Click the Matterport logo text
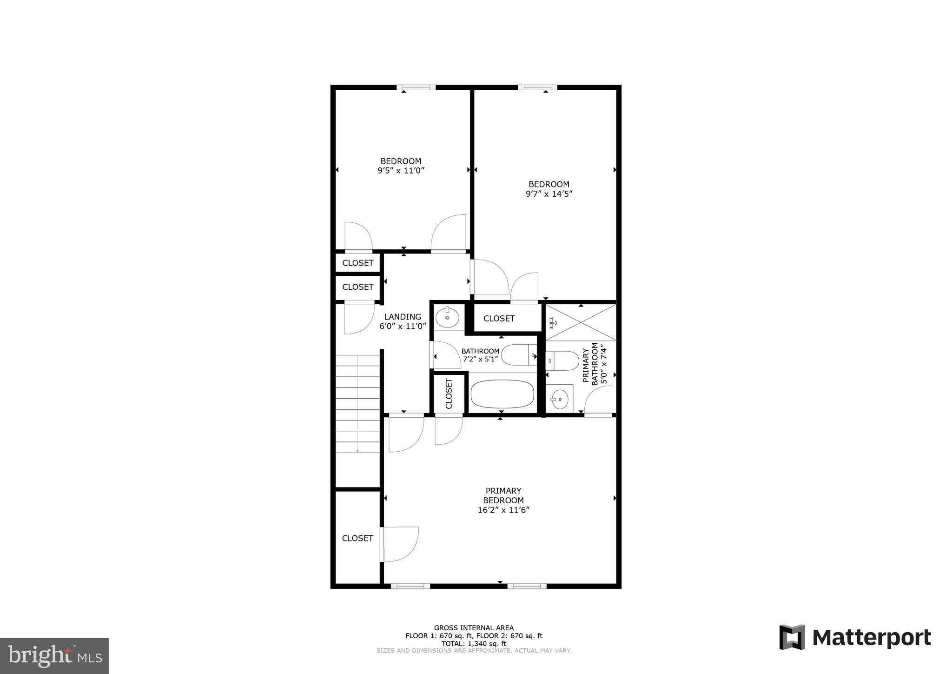(871, 638)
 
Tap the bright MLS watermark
(54, 656)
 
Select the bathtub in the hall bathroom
(502, 394)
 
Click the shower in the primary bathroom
(580, 322)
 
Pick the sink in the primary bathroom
(559, 398)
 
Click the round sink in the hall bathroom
(447, 318)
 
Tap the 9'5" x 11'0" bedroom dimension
(401, 171)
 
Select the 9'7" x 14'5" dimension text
(549, 194)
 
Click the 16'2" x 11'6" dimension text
(503, 510)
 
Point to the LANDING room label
(403, 317)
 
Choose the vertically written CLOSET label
(449, 394)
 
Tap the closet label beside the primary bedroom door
(357, 538)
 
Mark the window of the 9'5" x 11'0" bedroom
(416, 87)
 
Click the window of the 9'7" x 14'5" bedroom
(537, 87)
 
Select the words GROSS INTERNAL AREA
(474, 628)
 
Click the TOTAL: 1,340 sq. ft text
(474, 644)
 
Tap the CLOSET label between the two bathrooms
(499, 319)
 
